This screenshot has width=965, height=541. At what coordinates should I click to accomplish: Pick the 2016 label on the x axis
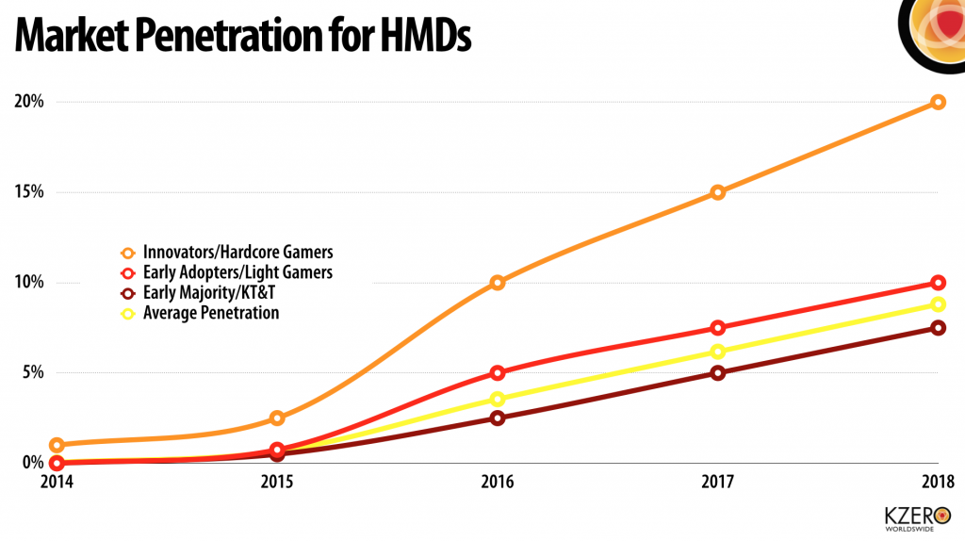pos(497,483)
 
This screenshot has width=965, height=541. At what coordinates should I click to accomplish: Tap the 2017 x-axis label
pos(717,483)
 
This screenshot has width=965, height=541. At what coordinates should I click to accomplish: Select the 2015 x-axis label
pos(276,483)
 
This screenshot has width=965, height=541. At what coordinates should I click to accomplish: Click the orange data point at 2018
pos(938,102)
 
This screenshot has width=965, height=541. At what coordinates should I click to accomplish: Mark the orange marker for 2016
pos(498,283)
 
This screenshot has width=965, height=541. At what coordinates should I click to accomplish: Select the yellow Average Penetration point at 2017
pos(717,352)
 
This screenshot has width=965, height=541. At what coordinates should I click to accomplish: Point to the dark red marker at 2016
pos(498,418)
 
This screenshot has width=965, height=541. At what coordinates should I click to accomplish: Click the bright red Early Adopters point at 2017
pos(717,328)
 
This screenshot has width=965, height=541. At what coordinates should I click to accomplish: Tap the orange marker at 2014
pos(57,445)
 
